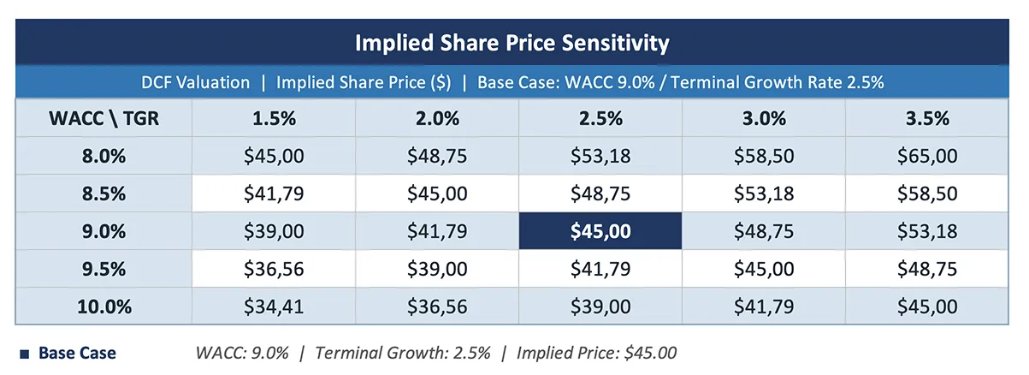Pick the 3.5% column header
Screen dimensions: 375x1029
(927, 119)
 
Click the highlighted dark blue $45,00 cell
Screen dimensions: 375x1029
(600, 231)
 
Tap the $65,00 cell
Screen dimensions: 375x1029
(927, 157)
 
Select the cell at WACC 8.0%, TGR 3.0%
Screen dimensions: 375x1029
(763, 157)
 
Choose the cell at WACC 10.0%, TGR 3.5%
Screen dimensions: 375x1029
(927, 306)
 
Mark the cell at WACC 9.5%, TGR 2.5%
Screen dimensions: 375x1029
(600, 269)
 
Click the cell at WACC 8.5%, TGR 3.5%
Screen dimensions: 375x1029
(927, 193)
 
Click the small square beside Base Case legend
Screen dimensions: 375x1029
(24, 353)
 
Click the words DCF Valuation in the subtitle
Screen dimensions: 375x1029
(196, 83)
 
